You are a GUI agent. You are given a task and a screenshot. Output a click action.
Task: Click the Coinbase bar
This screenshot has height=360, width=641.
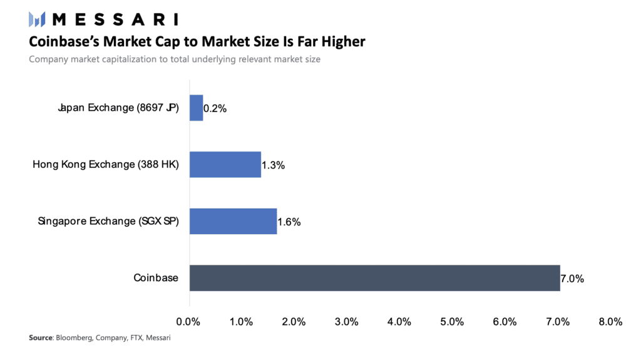tap(374, 278)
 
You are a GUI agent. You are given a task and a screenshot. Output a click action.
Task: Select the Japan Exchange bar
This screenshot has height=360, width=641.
tap(196, 108)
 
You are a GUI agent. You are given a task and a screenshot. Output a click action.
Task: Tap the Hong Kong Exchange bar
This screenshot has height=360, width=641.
tap(225, 165)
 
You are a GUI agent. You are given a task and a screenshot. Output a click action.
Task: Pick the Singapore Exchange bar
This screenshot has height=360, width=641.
tap(233, 221)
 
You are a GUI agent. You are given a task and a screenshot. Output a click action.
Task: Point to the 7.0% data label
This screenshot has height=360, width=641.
tap(572, 279)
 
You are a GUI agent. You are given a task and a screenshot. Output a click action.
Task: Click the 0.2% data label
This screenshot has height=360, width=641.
tap(215, 109)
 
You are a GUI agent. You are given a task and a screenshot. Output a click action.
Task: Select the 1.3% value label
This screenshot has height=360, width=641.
tap(274, 165)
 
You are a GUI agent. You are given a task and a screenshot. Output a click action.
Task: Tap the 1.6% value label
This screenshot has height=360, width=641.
tap(289, 222)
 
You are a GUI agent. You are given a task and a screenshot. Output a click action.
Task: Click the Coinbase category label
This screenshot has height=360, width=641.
tap(156, 278)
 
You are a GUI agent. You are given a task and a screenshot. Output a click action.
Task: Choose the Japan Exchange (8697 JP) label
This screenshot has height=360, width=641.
tap(118, 108)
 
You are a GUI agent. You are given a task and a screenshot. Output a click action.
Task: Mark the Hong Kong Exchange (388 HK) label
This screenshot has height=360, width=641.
tap(106, 165)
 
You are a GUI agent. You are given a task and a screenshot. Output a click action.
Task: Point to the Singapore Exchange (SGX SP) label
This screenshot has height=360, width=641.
tap(108, 221)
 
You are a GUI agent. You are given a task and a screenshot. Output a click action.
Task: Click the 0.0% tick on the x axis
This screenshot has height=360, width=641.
tap(188, 322)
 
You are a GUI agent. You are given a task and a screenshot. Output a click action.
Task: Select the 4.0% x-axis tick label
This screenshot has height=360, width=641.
tap(399, 322)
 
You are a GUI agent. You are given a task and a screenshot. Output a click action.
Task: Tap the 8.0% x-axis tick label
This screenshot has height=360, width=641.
tap(610, 322)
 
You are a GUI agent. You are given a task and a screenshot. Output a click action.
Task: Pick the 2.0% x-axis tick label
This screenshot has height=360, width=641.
tap(294, 322)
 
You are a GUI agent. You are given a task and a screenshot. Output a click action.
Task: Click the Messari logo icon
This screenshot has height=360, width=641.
tap(37, 19)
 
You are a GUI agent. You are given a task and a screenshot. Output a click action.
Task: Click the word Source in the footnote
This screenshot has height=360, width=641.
tap(41, 338)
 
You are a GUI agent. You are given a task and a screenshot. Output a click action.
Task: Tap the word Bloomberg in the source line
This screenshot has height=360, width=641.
tap(74, 338)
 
